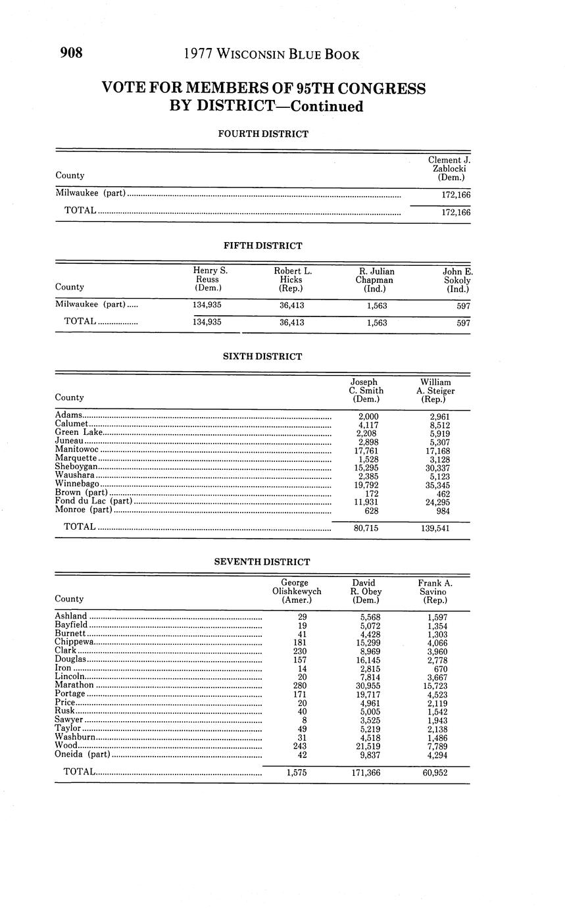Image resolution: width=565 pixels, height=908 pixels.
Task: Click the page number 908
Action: (x=72, y=53)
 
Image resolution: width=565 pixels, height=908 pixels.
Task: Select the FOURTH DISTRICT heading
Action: (x=263, y=134)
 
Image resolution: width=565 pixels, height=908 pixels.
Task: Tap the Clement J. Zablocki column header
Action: (x=449, y=168)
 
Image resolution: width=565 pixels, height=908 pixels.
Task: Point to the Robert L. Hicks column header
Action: (x=293, y=279)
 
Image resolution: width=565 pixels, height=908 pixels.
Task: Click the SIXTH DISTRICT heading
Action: (x=262, y=357)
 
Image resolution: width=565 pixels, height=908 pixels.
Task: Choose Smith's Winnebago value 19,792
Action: (x=366, y=485)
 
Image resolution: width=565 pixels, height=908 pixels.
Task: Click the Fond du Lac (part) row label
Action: (x=94, y=502)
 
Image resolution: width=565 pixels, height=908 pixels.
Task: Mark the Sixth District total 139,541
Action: (x=435, y=528)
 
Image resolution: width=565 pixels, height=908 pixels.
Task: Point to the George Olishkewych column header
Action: (x=296, y=591)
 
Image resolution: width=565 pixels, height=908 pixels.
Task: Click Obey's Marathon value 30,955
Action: (x=366, y=685)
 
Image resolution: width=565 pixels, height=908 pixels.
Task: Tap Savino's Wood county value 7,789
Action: (x=437, y=745)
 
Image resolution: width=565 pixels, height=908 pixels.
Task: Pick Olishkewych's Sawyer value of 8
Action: (x=302, y=720)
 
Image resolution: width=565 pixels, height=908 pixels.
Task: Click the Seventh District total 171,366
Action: (x=366, y=772)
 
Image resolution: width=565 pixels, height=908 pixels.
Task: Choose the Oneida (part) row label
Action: (x=82, y=755)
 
